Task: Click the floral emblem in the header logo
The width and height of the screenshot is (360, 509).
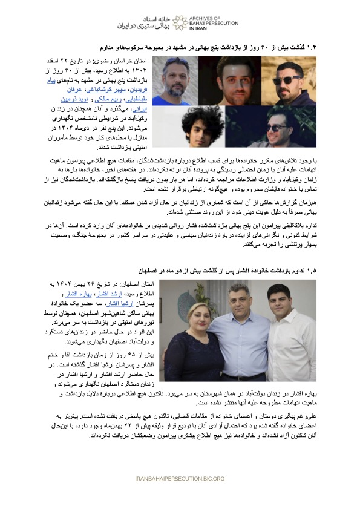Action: (x=179, y=22)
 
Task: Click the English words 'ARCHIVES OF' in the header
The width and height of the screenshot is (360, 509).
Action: (x=208, y=18)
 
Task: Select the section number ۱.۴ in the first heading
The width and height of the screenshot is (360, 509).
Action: (x=333, y=47)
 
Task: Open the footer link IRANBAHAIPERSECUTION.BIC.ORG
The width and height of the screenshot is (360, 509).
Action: (x=180, y=478)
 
